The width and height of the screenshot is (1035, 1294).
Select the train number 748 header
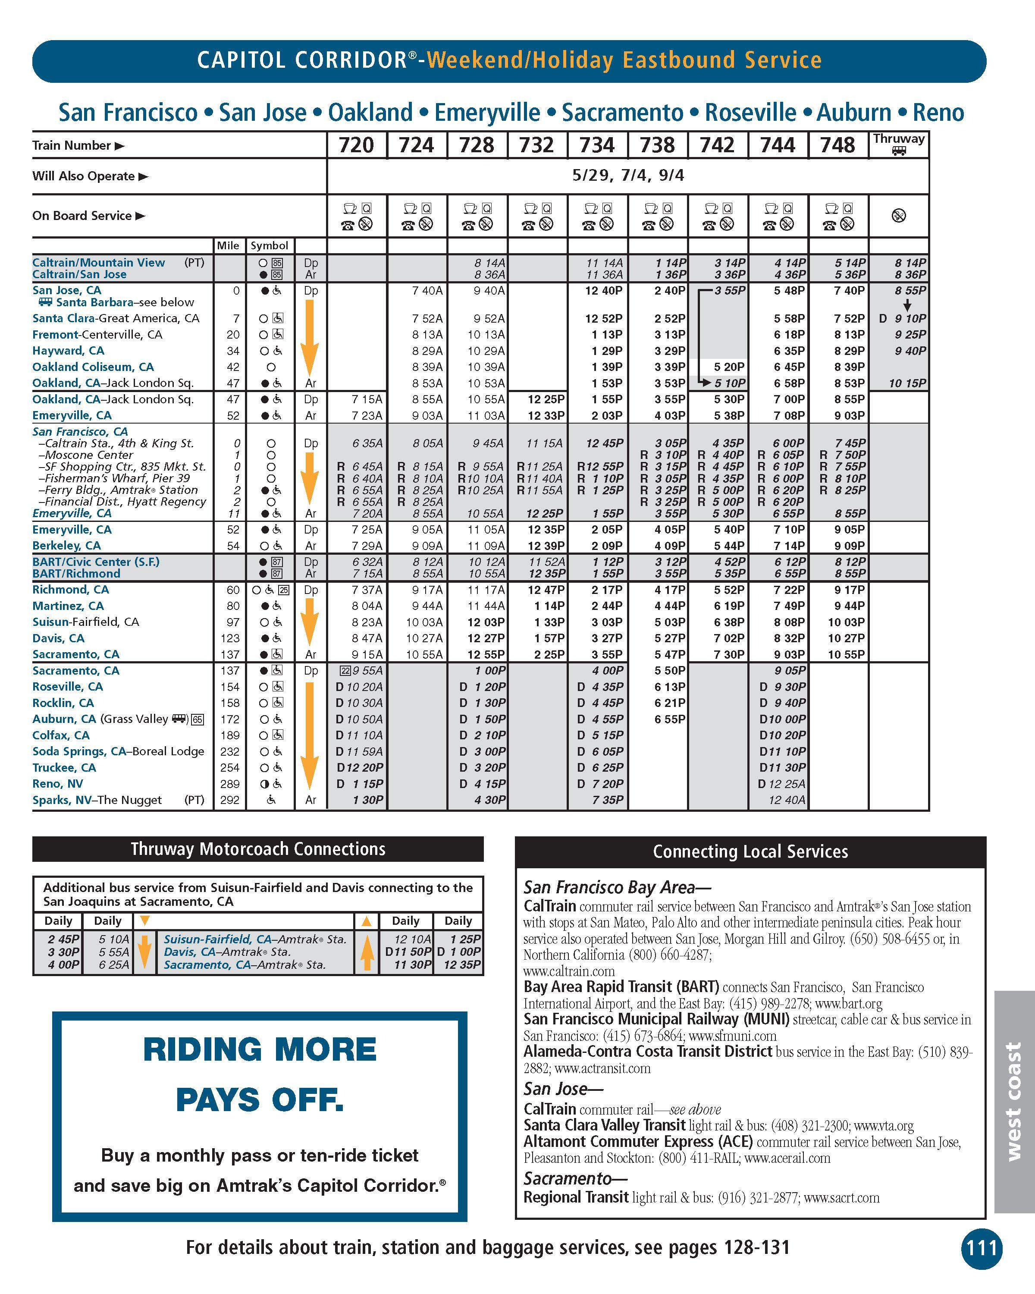pos(837,145)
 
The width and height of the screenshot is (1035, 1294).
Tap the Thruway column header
pos(898,144)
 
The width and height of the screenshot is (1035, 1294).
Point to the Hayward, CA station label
pos(69,351)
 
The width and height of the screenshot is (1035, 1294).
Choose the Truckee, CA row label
pos(64,768)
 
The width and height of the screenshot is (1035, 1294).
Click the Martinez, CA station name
pos(68,606)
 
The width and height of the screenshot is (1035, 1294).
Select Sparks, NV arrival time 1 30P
pos(368,800)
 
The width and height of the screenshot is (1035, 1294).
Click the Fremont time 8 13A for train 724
pos(427,335)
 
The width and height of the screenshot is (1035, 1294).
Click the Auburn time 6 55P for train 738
pos(670,719)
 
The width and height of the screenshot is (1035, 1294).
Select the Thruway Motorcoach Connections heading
pos(258,849)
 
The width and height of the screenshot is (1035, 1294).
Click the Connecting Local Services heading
pos(750,851)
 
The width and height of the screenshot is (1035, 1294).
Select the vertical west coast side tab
pos(1013,1101)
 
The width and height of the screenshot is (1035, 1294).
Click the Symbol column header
pos(270,245)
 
